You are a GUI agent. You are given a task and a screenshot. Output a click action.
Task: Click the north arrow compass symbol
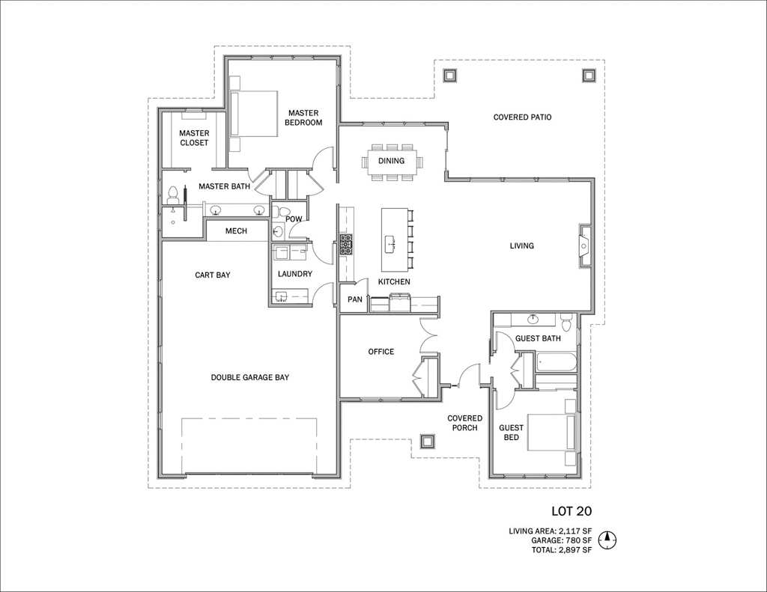point(607,540)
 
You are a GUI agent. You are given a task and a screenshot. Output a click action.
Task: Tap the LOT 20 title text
point(572,511)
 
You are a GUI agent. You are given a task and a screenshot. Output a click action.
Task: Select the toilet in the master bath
point(172,195)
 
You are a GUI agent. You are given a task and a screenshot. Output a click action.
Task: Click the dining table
point(391,161)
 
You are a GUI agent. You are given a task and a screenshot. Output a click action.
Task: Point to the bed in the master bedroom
point(253,112)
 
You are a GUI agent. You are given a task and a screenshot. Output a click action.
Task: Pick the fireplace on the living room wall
point(586,245)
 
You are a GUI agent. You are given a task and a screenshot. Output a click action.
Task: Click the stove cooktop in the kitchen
point(346,245)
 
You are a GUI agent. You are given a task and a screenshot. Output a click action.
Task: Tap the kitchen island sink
point(389,243)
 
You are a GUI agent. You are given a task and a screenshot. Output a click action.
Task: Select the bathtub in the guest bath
point(557,363)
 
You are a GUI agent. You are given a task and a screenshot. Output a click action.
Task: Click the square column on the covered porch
point(427,442)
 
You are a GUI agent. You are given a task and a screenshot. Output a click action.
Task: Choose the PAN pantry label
point(355,299)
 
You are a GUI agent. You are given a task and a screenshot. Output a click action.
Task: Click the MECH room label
point(236,231)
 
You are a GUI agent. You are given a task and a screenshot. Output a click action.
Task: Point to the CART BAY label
point(212,275)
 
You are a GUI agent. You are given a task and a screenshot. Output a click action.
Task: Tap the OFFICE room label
point(381,352)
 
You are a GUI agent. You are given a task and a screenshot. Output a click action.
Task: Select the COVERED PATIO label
point(522,118)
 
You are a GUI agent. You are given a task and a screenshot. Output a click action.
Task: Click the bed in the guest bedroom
point(551,433)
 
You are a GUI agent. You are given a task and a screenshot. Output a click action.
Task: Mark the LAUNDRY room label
point(295,274)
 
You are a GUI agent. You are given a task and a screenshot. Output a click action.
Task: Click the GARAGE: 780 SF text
point(562,540)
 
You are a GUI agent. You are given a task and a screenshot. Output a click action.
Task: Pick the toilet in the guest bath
point(567,323)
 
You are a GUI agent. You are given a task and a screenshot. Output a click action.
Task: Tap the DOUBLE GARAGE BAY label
point(250,377)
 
